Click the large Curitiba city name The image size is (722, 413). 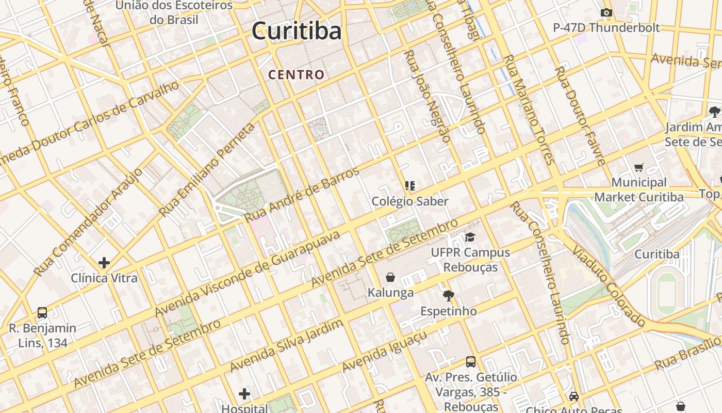[x=297, y=31]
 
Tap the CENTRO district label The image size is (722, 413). [x=297, y=75]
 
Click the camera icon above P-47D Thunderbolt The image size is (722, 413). [x=606, y=13]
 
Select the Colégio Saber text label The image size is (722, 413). [x=410, y=201]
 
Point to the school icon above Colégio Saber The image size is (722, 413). [x=410, y=185]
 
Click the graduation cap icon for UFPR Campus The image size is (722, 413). [x=470, y=237]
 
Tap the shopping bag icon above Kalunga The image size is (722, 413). [x=390, y=278]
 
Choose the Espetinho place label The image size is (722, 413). [x=449, y=311]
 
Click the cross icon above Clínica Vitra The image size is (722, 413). [x=104, y=263]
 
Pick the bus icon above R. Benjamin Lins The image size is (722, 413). [x=42, y=313]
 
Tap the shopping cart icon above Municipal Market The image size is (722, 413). [x=639, y=167]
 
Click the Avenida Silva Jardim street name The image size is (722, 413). [x=287, y=345]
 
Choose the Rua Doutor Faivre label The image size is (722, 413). [x=580, y=116]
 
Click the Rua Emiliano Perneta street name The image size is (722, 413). [x=207, y=170]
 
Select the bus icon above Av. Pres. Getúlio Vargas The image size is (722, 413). [x=471, y=362]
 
